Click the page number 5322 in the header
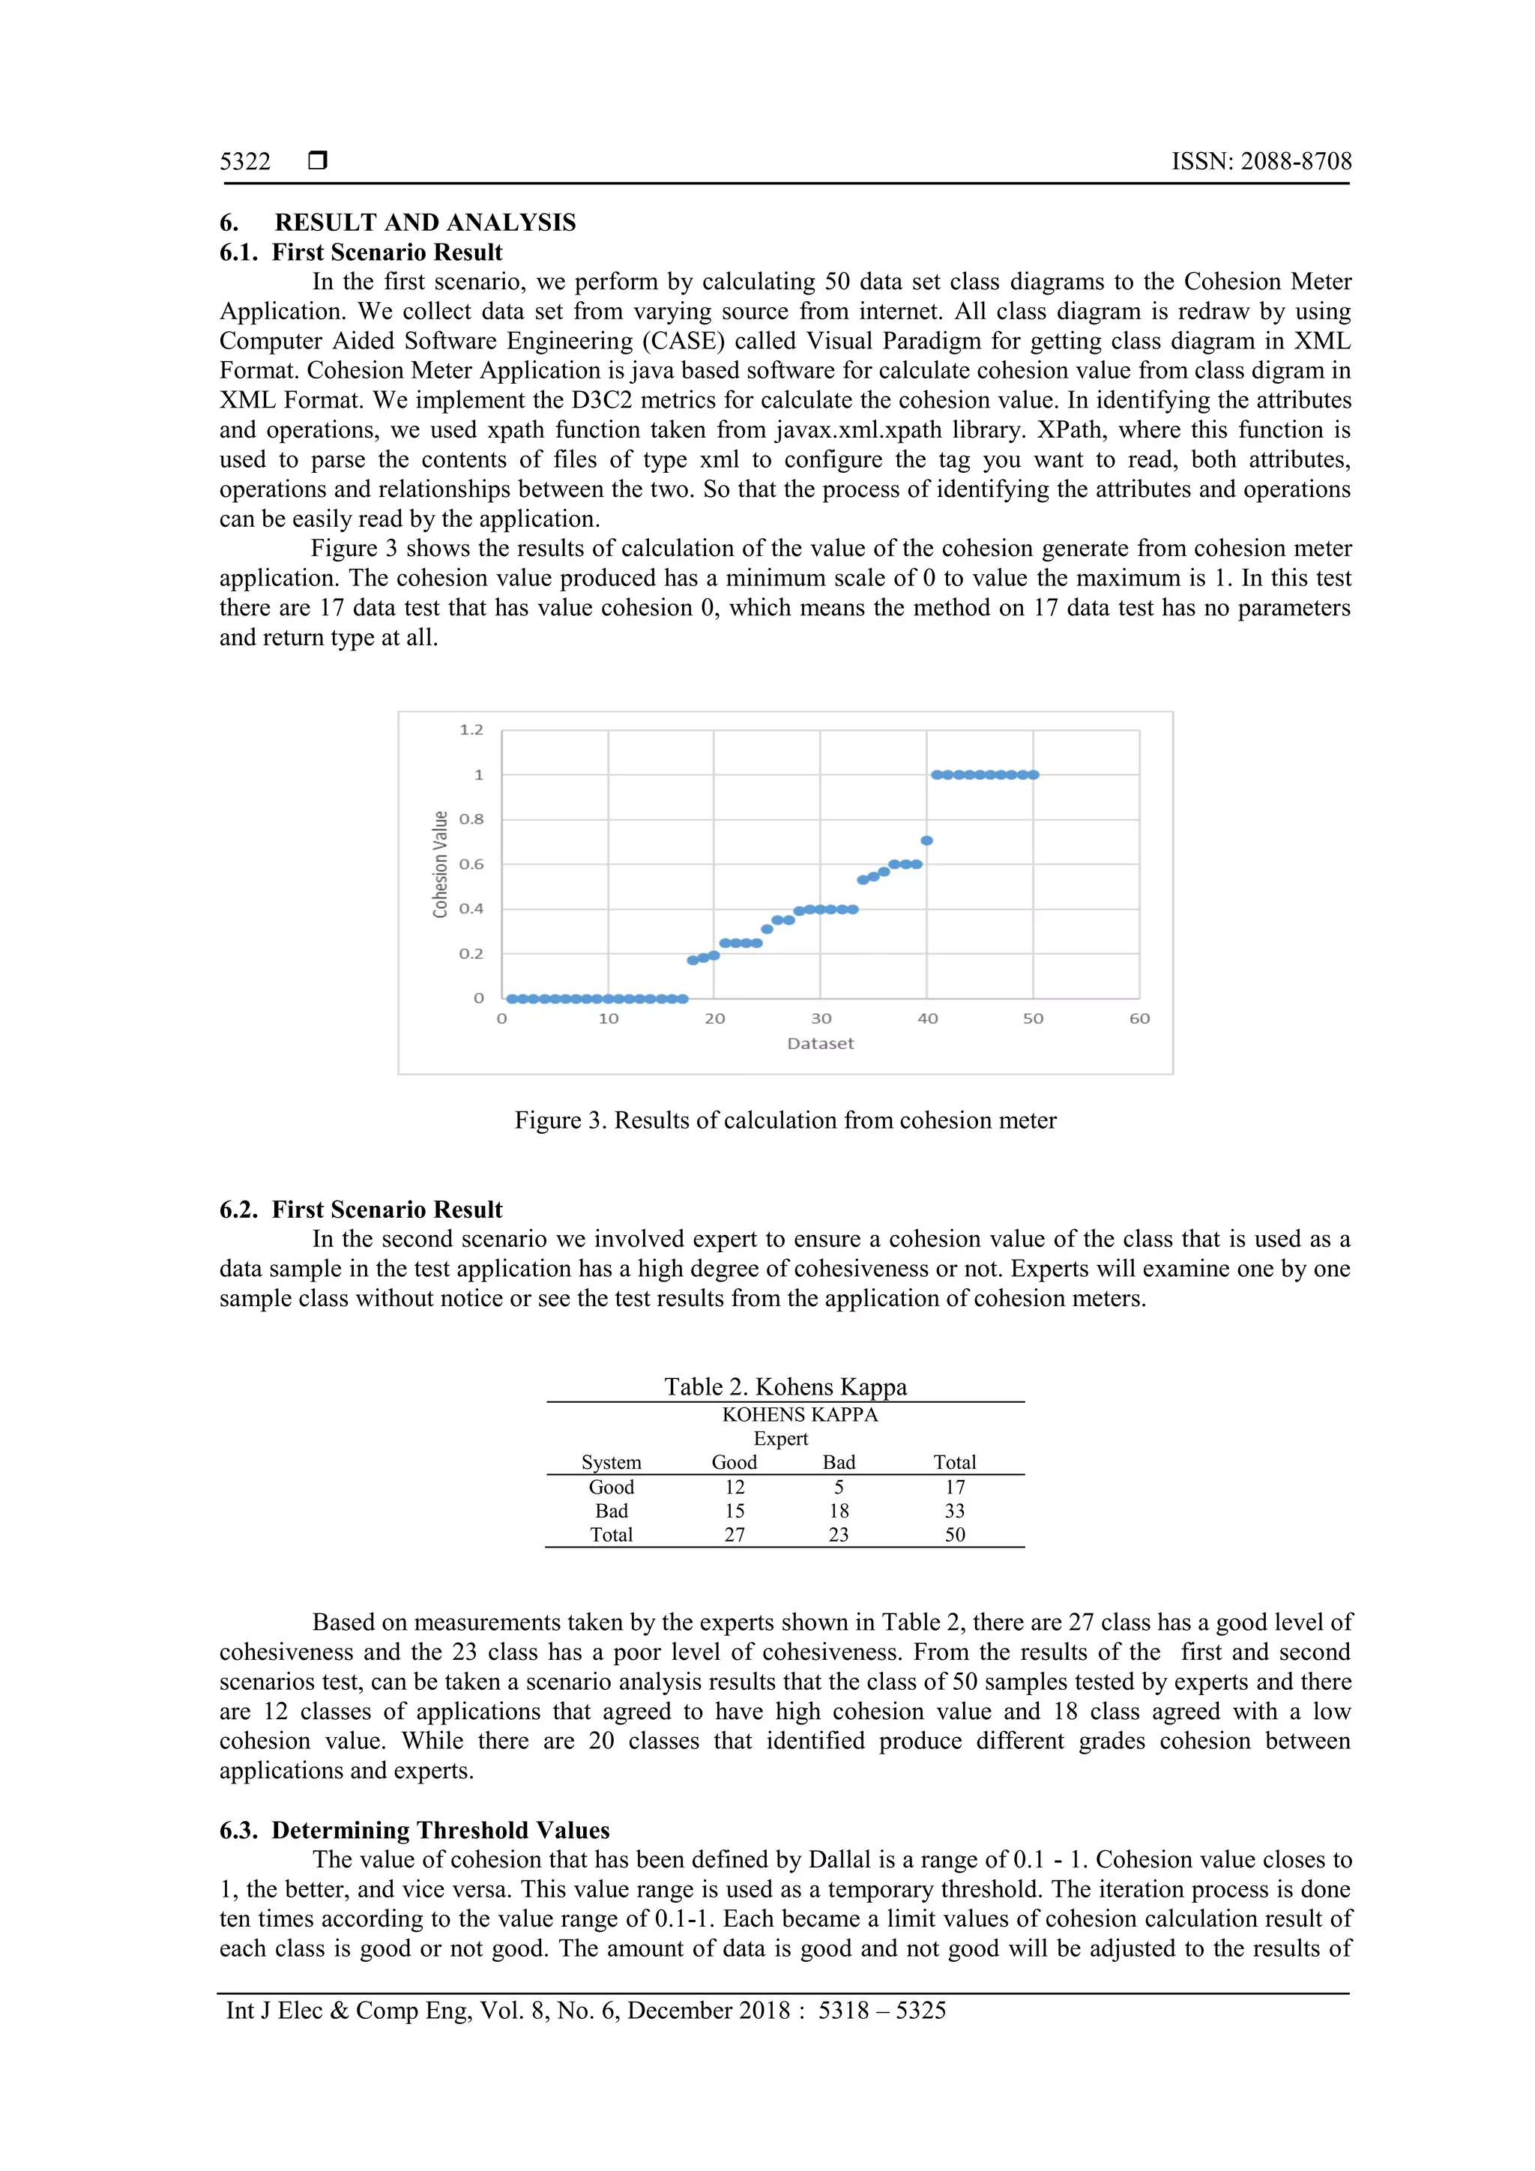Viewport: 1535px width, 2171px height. [245, 162]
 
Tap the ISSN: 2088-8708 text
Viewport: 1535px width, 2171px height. [1261, 162]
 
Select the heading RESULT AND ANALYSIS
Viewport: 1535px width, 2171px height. [425, 223]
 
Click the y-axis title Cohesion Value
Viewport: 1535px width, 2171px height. [440, 864]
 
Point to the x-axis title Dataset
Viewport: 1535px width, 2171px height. [820, 1043]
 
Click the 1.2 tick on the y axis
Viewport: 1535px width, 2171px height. [471, 730]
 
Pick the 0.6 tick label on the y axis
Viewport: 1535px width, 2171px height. [471, 864]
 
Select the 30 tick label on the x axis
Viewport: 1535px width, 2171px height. [821, 1018]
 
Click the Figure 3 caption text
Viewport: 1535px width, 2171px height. [785, 1120]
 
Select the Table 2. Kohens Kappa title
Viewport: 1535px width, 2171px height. [785, 1387]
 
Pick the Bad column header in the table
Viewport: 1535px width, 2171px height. [839, 1462]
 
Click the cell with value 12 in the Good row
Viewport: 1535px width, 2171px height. [735, 1488]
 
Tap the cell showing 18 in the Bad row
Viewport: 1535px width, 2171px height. [839, 1511]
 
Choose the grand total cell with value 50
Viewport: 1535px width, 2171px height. [955, 1535]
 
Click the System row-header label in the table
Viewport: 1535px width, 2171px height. [611, 1462]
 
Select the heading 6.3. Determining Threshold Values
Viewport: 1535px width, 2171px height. [414, 1831]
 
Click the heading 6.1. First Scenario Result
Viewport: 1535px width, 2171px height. [361, 253]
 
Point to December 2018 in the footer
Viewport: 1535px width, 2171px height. [708, 2011]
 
